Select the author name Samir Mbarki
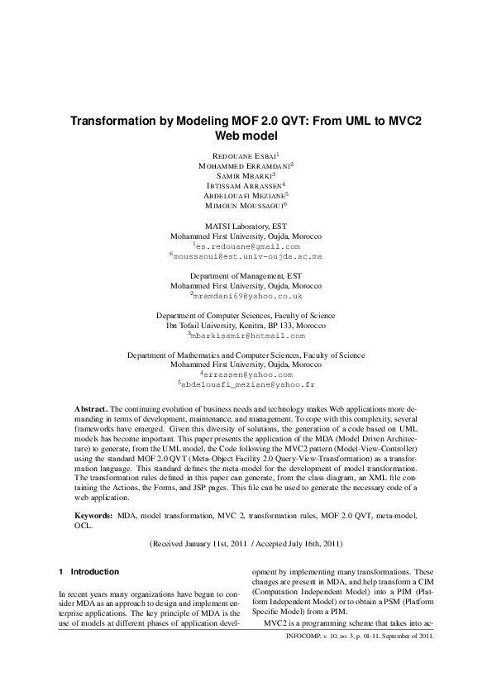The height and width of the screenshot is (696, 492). pos(244,175)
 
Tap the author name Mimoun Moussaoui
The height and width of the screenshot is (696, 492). pos(244,205)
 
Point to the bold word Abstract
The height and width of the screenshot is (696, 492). pos(91,409)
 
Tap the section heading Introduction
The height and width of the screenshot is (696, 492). pos(94,572)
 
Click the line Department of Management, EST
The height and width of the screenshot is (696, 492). pos(246,274)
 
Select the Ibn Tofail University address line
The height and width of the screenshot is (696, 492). pos(246,326)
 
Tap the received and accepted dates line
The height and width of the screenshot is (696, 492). pos(246,544)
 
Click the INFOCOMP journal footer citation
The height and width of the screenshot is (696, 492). pos(357,638)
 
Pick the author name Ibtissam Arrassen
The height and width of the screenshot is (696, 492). pos(244,185)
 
